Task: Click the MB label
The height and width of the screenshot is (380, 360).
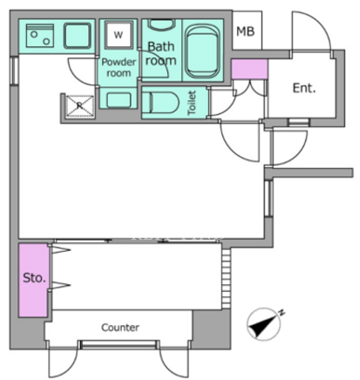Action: (x=246, y=31)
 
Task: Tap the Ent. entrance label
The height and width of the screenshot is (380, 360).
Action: (x=304, y=88)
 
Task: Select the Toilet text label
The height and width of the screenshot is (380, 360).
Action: (x=192, y=103)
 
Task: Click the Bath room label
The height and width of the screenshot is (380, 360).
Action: (x=161, y=53)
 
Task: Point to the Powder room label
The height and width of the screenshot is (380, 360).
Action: (x=119, y=67)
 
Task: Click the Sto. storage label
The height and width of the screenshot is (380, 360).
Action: (x=34, y=278)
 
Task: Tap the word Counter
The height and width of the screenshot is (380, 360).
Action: (x=120, y=328)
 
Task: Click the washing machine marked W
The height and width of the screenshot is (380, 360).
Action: (x=119, y=35)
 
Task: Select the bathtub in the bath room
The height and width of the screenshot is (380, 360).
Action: (x=202, y=51)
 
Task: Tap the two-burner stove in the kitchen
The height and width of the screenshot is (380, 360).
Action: (x=40, y=36)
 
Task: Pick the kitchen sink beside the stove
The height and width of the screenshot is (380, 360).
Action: (x=78, y=36)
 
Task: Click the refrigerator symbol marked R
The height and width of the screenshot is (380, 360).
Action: (x=80, y=106)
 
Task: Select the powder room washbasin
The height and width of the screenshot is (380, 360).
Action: (x=119, y=100)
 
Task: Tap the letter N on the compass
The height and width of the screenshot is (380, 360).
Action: (x=281, y=313)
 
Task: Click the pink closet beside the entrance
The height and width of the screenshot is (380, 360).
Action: (x=249, y=69)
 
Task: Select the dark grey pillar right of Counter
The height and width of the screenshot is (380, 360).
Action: (x=212, y=329)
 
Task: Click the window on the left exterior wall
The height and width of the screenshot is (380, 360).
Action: (x=14, y=71)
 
